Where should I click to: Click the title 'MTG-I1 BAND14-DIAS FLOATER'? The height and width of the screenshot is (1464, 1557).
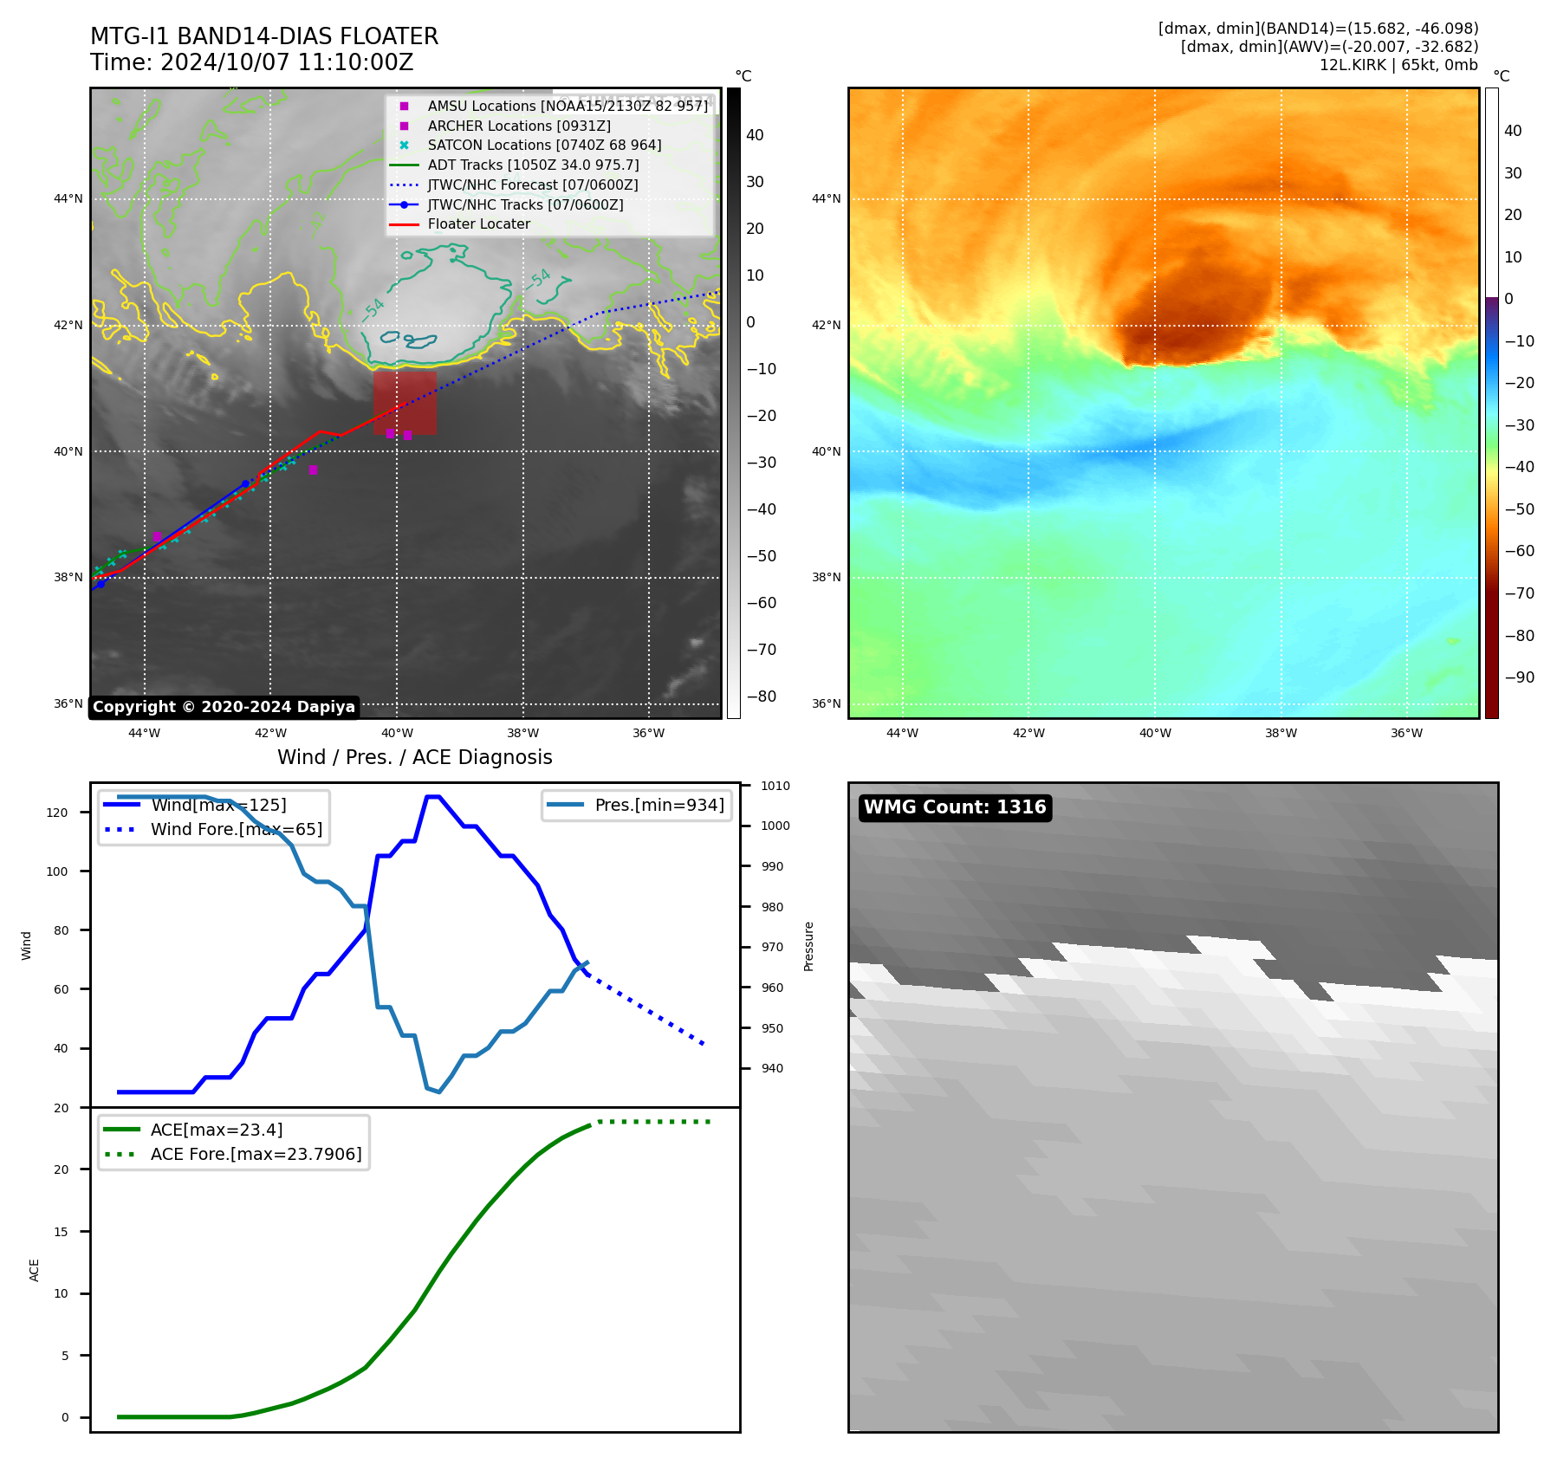coord(264,36)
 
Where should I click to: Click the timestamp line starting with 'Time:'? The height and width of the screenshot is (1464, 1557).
coord(251,62)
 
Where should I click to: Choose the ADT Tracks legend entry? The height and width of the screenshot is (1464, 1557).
coord(533,165)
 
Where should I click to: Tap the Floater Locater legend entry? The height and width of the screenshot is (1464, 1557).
coord(478,223)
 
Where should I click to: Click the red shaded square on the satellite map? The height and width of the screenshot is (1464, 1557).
coord(405,403)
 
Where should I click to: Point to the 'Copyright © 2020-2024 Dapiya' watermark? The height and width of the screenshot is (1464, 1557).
coord(224,707)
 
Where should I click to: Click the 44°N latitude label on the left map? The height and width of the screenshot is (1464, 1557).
coord(68,199)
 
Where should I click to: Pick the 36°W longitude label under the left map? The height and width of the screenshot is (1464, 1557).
coord(648,733)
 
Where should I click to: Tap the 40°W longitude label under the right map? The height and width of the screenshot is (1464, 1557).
coord(1155,733)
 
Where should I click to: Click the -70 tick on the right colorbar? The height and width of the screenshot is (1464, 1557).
coord(1519,593)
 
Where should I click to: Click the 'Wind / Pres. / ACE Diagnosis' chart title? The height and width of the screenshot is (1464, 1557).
coord(414,757)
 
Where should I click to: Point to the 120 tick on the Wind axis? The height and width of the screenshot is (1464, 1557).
coord(57,813)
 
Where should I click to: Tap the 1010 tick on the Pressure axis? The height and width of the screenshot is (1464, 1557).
coord(775,787)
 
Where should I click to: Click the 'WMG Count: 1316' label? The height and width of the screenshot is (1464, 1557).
coord(955,807)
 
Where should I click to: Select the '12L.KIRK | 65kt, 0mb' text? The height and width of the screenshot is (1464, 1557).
coord(1398,65)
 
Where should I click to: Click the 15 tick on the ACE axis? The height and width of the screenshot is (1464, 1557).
coord(61,1231)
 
